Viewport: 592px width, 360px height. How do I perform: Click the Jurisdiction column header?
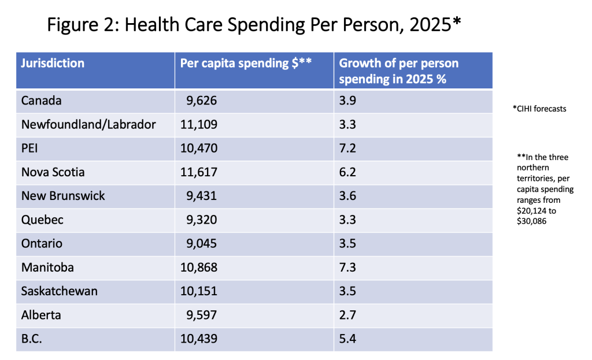tap(53, 63)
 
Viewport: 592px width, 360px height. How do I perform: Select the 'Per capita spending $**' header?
tap(246, 63)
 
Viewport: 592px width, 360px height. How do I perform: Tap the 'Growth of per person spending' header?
tap(399, 71)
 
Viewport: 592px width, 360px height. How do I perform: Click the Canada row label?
tap(41, 101)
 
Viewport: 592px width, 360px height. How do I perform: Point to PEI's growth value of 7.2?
tap(347, 149)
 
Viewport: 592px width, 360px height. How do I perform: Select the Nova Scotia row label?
tap(53, 172)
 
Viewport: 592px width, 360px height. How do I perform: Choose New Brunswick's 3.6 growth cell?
tap(348, 196)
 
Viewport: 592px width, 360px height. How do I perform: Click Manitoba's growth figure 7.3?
tap(348, 268)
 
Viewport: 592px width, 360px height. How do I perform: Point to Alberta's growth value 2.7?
tap(348, 315)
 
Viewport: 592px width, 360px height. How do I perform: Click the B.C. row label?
tap(32, 339)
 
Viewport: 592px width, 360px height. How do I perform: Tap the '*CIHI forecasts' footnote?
tap(539, 109)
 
